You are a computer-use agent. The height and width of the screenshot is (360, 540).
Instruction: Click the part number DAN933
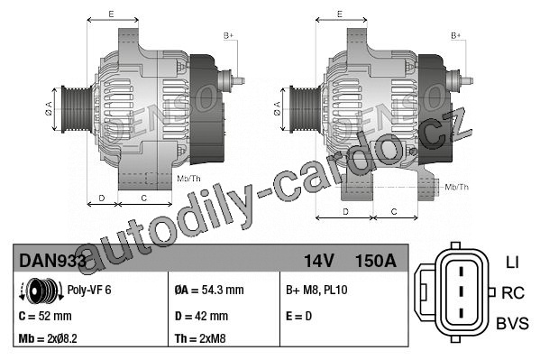[52, 261]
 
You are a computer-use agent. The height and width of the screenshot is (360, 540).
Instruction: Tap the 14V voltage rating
[318, 261]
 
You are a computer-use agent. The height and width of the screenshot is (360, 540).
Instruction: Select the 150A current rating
[375, 261]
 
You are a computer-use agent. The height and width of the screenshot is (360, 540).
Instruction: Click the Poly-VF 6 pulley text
[89, 290]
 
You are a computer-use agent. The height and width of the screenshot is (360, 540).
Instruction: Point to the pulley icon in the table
[41, 291]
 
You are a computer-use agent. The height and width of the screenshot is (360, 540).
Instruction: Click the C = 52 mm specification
[45, 316]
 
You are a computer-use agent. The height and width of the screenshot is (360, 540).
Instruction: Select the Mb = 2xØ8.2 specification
[48, 338]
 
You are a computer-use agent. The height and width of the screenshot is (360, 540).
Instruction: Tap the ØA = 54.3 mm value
[209, 290]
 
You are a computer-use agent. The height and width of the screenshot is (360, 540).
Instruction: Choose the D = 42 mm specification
[201, 316]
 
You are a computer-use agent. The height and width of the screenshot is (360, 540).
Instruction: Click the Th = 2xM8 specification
[200, 338]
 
